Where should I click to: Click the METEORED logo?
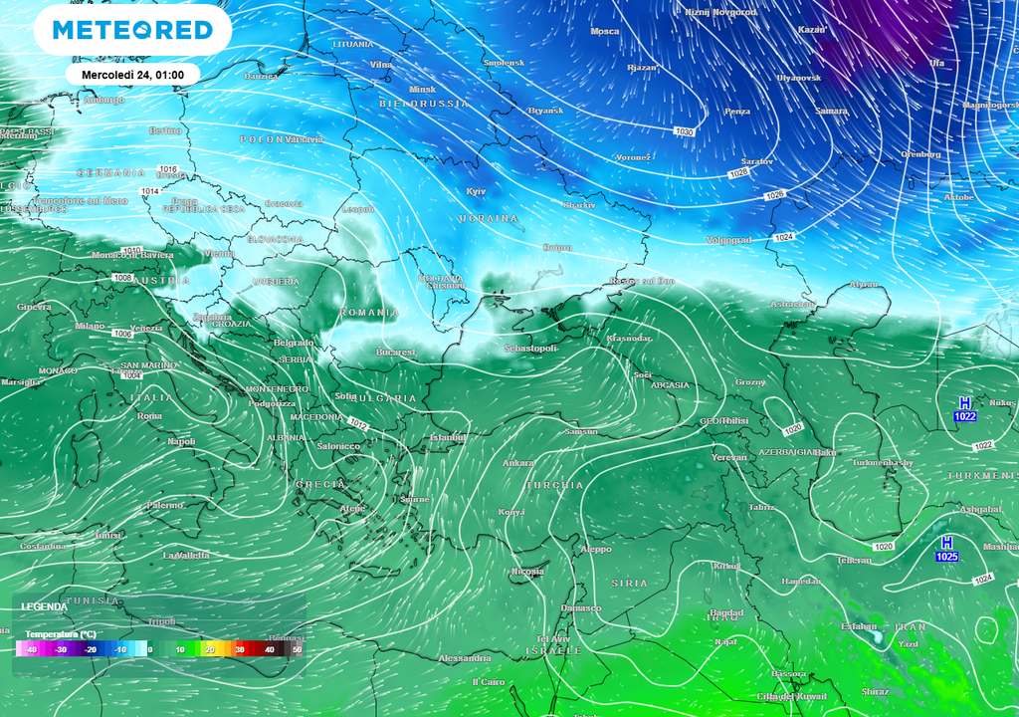[x=132, y=30]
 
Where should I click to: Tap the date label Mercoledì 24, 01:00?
[x=132, y=75]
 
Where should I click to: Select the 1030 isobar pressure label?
[x=684, y=131]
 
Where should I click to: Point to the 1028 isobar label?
[x=738, y=173]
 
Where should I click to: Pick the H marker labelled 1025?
[x=946, y=550]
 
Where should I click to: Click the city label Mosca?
[x=605, y=32]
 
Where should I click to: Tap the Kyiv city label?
[x=476, y=191]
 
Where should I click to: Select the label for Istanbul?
[x=447, y=437]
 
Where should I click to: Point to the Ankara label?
[x=518, y=463]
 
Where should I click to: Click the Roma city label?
[x=149, y=415]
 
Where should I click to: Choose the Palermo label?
[x=165, y=505]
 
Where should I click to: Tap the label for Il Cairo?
[x=489, y=682]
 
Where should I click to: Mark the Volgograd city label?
[x=728, y=240]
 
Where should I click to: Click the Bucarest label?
[x=395, y=353]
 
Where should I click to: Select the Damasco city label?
[x=581, y=608]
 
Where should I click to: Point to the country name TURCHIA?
[x=554, y=485]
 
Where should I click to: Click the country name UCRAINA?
[x=488, y=218]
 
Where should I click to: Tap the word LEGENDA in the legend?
[x=45, y=606]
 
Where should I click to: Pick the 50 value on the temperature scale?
[x=296, y=649]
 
